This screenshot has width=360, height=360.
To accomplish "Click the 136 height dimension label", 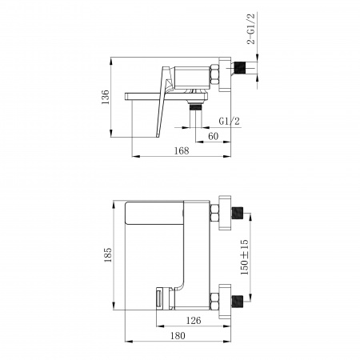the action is tap(106, 97).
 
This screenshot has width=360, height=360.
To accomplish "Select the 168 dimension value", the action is tap(182, 151).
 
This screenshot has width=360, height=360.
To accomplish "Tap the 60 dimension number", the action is tap(213, 136).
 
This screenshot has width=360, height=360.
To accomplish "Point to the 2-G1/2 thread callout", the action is tap(251, 29).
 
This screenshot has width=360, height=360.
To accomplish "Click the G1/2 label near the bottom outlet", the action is tap(230, 122).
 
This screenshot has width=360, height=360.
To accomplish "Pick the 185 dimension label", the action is tap(108, 255).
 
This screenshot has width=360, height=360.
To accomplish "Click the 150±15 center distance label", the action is tap(244, 257).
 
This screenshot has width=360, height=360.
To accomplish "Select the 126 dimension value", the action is tap(194, 320).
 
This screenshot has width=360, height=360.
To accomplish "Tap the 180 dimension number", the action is tap(178, 335).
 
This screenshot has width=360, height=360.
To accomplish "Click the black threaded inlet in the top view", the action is tap(239, 68).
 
